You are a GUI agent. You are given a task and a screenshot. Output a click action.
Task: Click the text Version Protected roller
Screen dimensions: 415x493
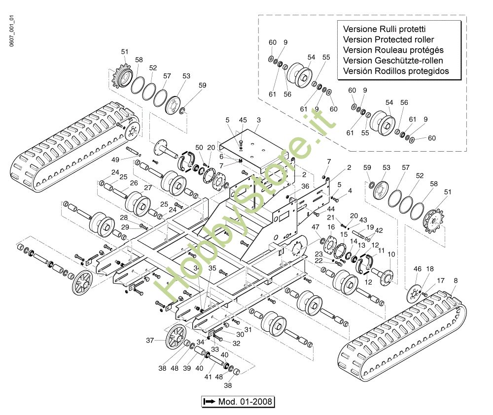[388, 39]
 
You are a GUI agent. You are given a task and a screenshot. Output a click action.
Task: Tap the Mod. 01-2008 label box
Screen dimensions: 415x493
[238, 402]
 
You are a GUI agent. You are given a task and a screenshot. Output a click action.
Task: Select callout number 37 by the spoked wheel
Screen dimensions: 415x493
[150, 340]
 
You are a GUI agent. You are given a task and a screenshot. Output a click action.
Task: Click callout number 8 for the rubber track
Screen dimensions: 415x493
[456, 281]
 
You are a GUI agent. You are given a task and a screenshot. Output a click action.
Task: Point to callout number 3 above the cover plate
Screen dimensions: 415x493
[258, 120]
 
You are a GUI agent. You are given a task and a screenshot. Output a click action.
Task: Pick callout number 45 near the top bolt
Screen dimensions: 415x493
[243, 120]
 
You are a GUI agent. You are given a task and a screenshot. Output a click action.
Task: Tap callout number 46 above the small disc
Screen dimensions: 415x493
[418, 269]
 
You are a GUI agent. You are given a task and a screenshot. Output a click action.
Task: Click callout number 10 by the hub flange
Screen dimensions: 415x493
[391, 254]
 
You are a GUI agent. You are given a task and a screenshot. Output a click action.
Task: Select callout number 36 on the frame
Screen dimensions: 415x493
[305, 186]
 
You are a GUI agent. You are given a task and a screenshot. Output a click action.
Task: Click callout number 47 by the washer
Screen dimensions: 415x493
[315, 227]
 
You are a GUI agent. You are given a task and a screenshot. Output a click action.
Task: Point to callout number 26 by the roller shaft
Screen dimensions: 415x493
[134, 183]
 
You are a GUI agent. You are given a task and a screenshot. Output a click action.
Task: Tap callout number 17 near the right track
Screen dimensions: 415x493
[441, 281]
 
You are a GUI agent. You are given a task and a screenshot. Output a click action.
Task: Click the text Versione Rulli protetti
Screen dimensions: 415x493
[384, 29]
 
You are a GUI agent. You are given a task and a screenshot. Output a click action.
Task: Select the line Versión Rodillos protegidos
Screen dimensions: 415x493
[396, 71]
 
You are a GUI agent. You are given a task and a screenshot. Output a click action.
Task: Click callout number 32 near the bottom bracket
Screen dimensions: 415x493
[237, 343]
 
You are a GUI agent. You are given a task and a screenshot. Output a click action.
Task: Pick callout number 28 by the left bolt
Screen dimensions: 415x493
[124, 218]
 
